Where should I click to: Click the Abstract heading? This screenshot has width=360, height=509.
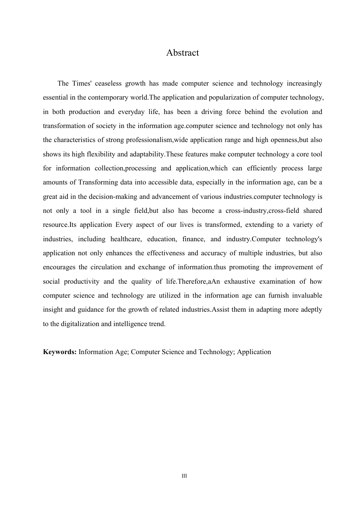pyautogui.click(x=182, y=53)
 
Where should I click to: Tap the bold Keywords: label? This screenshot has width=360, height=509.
pyautogui.click(x=60, y=352)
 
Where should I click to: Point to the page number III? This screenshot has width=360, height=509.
pyautogui.click(x=184, y=476)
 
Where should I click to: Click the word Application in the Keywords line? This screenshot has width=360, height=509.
pyautogui.click(x=254, y=352)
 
